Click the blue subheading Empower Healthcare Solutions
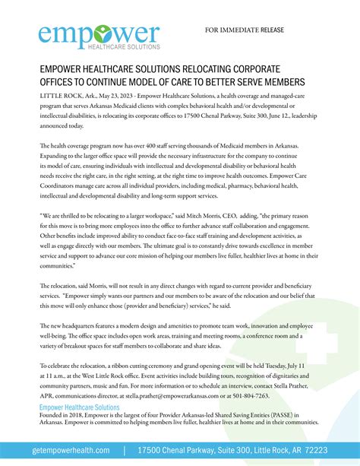79,407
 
